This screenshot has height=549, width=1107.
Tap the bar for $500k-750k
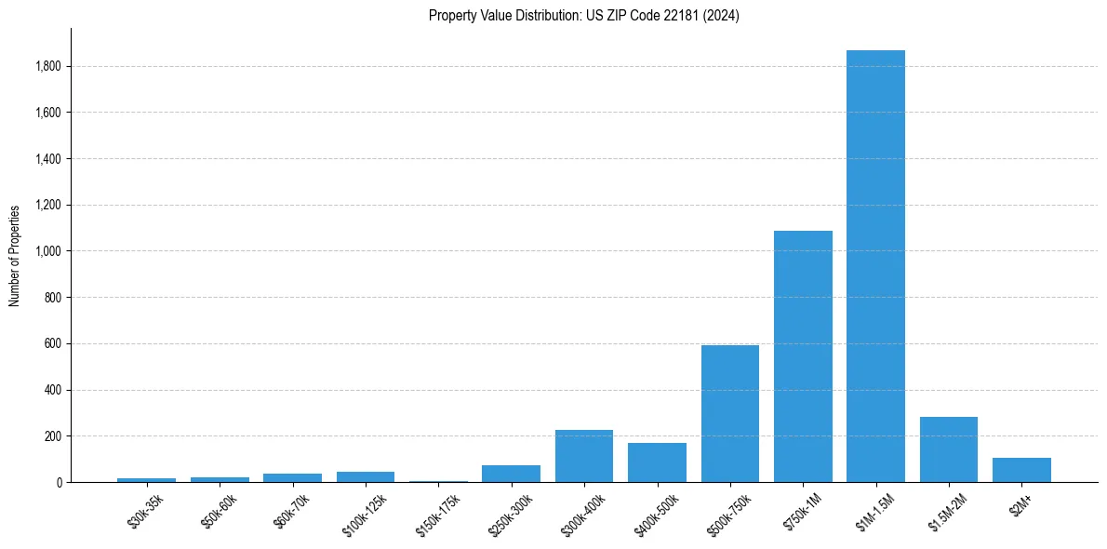(730, 414)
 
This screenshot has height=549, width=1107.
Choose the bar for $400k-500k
(657, 462)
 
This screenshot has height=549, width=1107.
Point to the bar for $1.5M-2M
(949, 449)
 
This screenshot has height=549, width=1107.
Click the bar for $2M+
(1021, 470)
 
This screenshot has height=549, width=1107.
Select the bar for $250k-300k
(511, 474)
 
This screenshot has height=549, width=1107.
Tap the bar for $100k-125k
(366, 477)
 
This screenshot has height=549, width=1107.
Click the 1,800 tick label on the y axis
(48, 66)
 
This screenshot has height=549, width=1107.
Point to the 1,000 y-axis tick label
(48, 251)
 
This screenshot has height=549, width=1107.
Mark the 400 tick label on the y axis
(54, 390)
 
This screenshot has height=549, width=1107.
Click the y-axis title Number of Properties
(14, 255)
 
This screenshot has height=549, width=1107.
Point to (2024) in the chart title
(722, 16)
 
